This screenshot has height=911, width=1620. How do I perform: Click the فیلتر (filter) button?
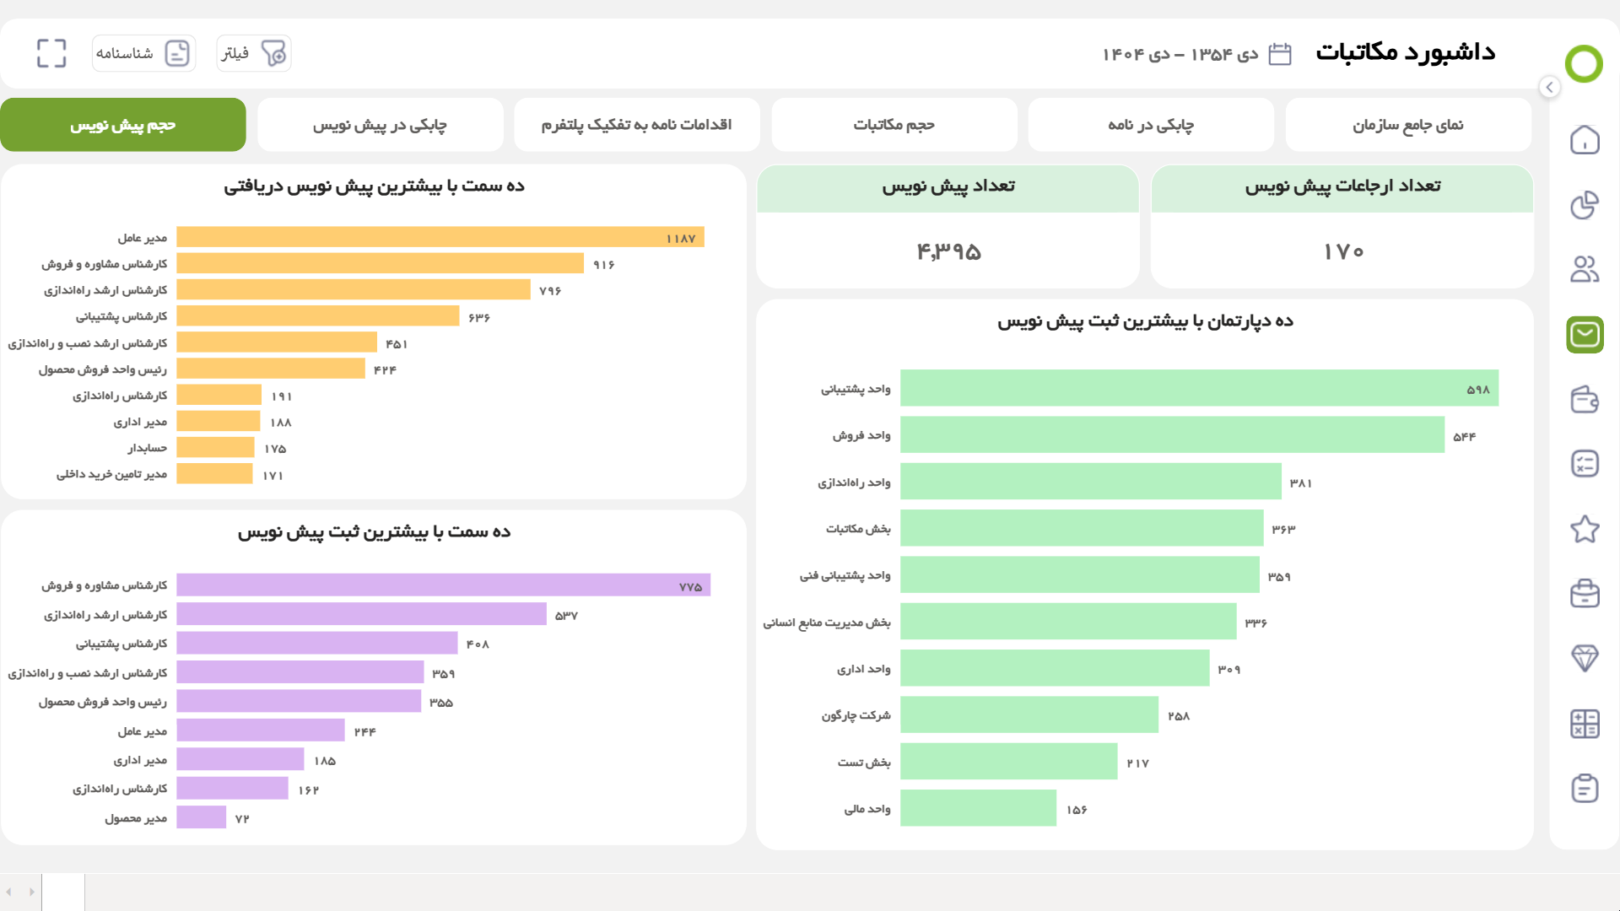click(254, 53)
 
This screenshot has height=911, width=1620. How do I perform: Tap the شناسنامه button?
click(143, 53)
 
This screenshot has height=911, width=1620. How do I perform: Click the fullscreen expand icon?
click(51, 53)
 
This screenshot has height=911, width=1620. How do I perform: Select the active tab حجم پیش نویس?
click(123, 125)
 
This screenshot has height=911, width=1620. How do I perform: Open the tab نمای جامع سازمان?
click(1408, 125)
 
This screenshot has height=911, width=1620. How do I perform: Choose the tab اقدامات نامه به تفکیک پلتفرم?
click(637, 125)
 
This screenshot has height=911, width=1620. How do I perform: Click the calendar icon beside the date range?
click(1280, 54)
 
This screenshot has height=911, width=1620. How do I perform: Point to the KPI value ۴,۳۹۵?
click(948, 251)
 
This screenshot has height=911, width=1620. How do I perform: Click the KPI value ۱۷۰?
click(1343, 251)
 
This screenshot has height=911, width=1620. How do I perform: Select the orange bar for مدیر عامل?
click(440, 237)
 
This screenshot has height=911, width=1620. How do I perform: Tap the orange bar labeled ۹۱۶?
click(381, 263)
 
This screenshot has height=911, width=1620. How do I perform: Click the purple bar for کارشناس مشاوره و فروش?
click(444, 585)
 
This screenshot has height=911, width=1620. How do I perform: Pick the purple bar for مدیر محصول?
click(202, 817)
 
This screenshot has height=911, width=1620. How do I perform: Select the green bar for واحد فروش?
click(1172, 435)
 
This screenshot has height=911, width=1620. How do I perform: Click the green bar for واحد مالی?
click(978, 808)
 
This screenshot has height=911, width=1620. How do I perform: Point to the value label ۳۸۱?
click(1300, 483)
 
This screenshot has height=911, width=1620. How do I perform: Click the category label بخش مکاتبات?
click(858, 529)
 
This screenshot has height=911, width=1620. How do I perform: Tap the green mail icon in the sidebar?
click(1585, 335)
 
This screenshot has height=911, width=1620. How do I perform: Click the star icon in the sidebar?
click(1585, 529)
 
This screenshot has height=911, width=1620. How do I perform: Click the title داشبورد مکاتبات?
click(1406, 52)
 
